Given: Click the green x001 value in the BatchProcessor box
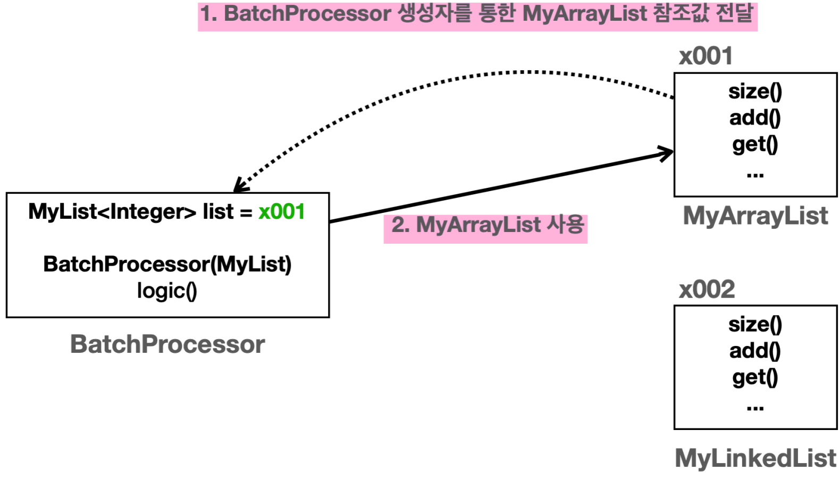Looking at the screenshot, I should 281,212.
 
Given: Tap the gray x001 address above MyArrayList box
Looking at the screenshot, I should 705,56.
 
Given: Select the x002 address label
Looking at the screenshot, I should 707,290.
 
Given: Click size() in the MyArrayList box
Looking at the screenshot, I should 755,92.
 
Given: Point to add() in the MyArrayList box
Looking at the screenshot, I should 755,118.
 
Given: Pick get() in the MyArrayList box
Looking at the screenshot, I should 755,144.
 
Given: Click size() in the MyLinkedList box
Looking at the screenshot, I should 755,325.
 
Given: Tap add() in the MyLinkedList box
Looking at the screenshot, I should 755,351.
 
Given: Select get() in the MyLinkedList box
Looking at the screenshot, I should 755,377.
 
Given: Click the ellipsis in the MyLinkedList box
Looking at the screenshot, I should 755,408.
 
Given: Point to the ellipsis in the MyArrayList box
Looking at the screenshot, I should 755,175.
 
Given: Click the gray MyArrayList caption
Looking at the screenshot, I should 755,216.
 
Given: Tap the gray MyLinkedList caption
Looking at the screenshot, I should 755,458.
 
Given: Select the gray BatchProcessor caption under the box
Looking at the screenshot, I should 167,344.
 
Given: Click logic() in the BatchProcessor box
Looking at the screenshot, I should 167,291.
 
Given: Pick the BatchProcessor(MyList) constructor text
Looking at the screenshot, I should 167,264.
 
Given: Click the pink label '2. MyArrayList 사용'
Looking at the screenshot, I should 485,226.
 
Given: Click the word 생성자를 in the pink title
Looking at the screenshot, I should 435,14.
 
